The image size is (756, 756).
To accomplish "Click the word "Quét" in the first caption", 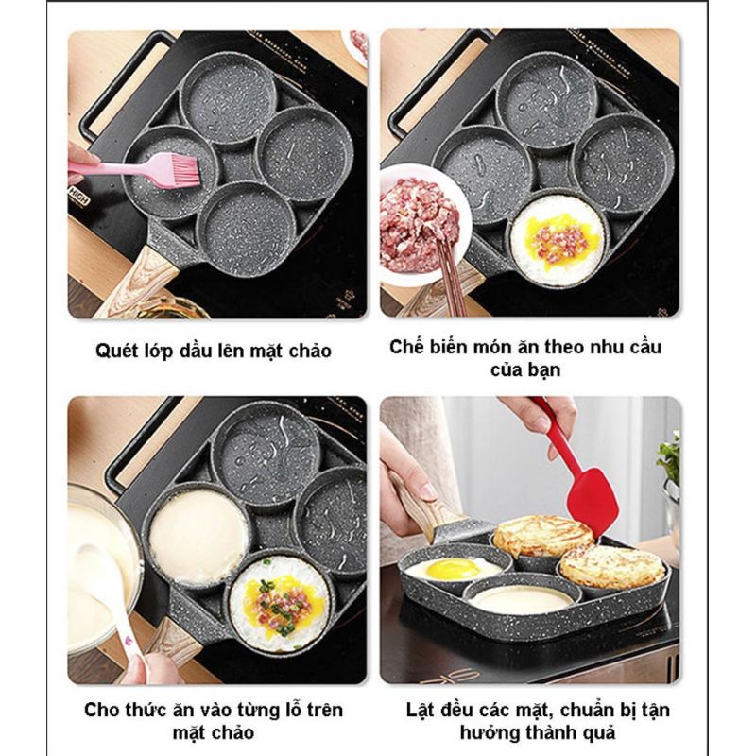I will [x=117, y=352].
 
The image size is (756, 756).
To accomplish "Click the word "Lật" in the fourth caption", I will [x=424, y=710].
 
